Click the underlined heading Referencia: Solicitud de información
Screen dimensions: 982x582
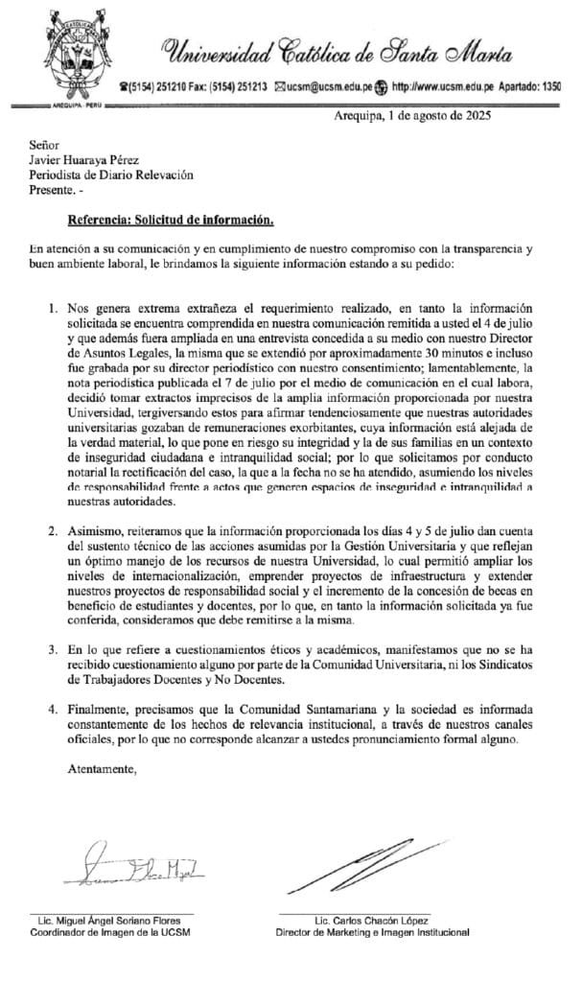[x=172, y=219]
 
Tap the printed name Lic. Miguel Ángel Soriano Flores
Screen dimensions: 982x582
[x=111, y=920]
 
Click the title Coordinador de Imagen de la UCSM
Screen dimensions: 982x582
[x=111, y=931]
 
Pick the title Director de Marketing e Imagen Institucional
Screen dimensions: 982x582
[x=372, y=931]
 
